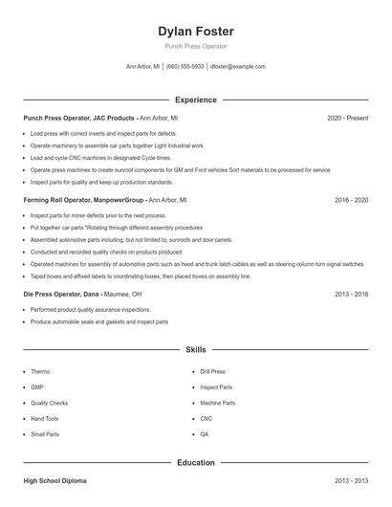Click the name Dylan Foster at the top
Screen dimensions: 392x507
[x=195, y=31]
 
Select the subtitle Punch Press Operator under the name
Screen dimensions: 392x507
[x=195, y=46]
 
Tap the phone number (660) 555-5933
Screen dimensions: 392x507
[x=185, y=67]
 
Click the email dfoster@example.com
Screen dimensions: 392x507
[x=237, y=67]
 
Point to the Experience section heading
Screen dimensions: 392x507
[x=195, y=99]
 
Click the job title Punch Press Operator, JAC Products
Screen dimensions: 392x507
[x=78, y=118]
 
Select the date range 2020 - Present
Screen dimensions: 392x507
[x=347, y=118]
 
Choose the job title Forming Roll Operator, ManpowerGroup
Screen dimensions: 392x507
[x=84, y=201]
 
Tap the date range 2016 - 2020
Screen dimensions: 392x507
[x=351, y=201]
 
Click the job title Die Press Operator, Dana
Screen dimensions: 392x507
[x=61, y=295]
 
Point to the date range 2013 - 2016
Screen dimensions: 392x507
[x=351, y=295]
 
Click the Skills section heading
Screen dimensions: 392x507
[x=195, y=350]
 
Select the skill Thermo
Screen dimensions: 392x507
[x=40, y=371]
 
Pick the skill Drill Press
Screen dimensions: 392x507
[x=212, y=371]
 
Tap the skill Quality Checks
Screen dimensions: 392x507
[x=49, y=403]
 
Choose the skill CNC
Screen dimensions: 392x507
[x=206, y=419]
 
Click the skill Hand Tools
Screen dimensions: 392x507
[x=44, y=419]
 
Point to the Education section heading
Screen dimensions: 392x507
[x=195, y=463]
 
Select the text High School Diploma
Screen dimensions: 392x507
[x=55, y=481]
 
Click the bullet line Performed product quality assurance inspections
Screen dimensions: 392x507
[x=90, y=310]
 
